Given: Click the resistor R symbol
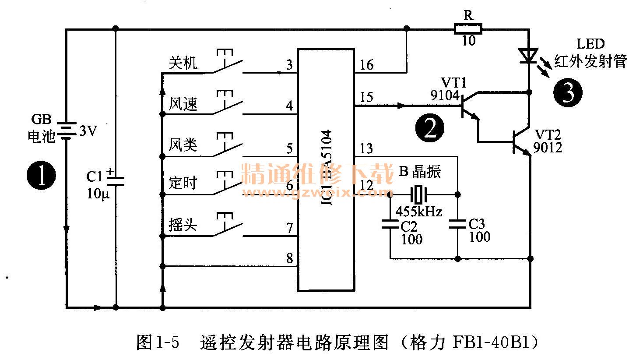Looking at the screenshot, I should point(468,29).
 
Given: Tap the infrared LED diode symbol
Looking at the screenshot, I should point(529,56).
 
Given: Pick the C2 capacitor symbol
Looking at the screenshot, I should point(390,225).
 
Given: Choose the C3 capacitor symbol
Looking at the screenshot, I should point(457,225).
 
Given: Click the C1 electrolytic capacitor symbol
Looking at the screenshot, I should point(116,180).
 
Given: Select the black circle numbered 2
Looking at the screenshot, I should point(429,127).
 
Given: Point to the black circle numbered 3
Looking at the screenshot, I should point(568,93).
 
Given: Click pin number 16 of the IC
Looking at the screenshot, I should point(366,66).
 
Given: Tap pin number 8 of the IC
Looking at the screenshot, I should point(289,258).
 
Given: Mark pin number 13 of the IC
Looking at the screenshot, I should point(366,149).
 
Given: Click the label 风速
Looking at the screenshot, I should point(183,105).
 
